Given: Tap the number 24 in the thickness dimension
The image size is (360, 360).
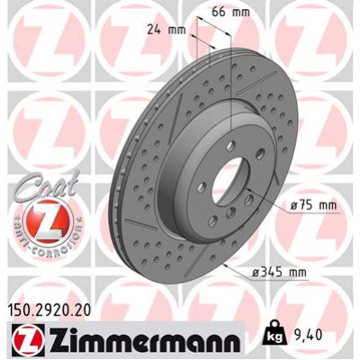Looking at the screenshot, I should tap(154, 29).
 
